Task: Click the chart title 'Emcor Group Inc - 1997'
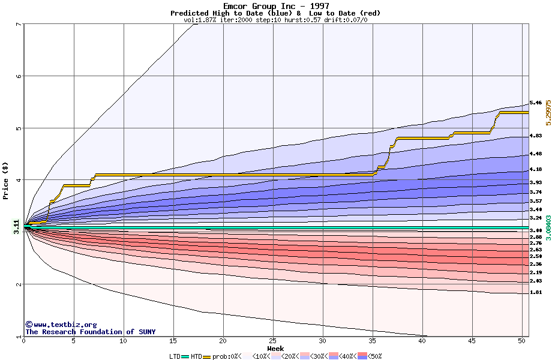275,6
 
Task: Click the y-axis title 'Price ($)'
6,181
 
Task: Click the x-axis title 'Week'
275,349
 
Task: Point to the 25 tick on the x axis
273,341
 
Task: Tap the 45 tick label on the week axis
472,341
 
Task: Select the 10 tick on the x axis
124,341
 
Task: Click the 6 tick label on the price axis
18,76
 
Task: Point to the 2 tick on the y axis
18,284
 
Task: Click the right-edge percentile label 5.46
536,103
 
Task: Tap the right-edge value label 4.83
536,136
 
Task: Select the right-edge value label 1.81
536,293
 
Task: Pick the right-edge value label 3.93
536,182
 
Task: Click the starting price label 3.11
16,226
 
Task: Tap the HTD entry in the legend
196,356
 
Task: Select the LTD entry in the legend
176,356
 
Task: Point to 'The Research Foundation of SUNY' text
90,332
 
